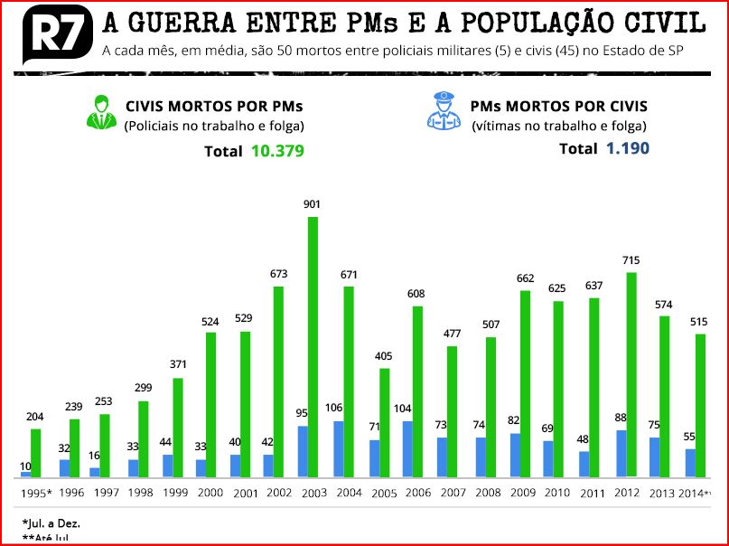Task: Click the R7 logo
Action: [53, 34]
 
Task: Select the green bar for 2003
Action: [313, 347]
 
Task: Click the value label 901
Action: [312, 205]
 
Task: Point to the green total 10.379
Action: [277, 151]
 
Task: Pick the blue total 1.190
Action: [628, 148]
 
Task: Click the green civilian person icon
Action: [102, 113]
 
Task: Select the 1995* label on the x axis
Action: [37, 494]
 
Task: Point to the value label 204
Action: [35, 417]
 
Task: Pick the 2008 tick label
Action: [487, 493]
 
